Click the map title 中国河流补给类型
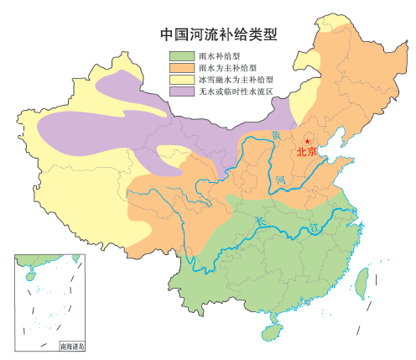point(219,35)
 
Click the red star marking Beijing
point(308,141)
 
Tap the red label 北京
point(306,153)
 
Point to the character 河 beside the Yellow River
point(283,179)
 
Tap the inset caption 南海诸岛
point(72,344)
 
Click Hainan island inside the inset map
point(24,274)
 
